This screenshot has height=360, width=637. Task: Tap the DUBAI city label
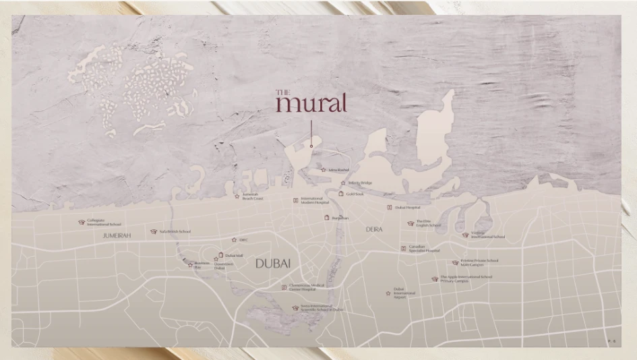point(272,264)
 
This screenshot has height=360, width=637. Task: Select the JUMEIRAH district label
point(117,235)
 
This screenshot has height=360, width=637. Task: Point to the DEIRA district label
point(374,229)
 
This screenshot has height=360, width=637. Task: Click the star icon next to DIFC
point(233,240)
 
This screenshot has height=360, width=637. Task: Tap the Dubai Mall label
point(234,256)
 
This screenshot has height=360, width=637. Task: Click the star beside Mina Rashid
point(324,170)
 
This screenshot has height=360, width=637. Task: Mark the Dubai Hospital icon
point(389,208)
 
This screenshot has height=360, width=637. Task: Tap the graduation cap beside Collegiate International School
point(82,222)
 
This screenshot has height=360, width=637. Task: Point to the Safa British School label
point(175,231)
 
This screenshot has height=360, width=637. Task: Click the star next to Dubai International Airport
point(388,293)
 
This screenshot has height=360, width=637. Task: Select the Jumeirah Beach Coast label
point(252,198)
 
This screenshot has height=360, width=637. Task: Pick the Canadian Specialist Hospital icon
point(403,249)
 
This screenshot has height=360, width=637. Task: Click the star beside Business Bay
point(190,264)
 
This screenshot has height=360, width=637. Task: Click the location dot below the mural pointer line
point(311,146)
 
